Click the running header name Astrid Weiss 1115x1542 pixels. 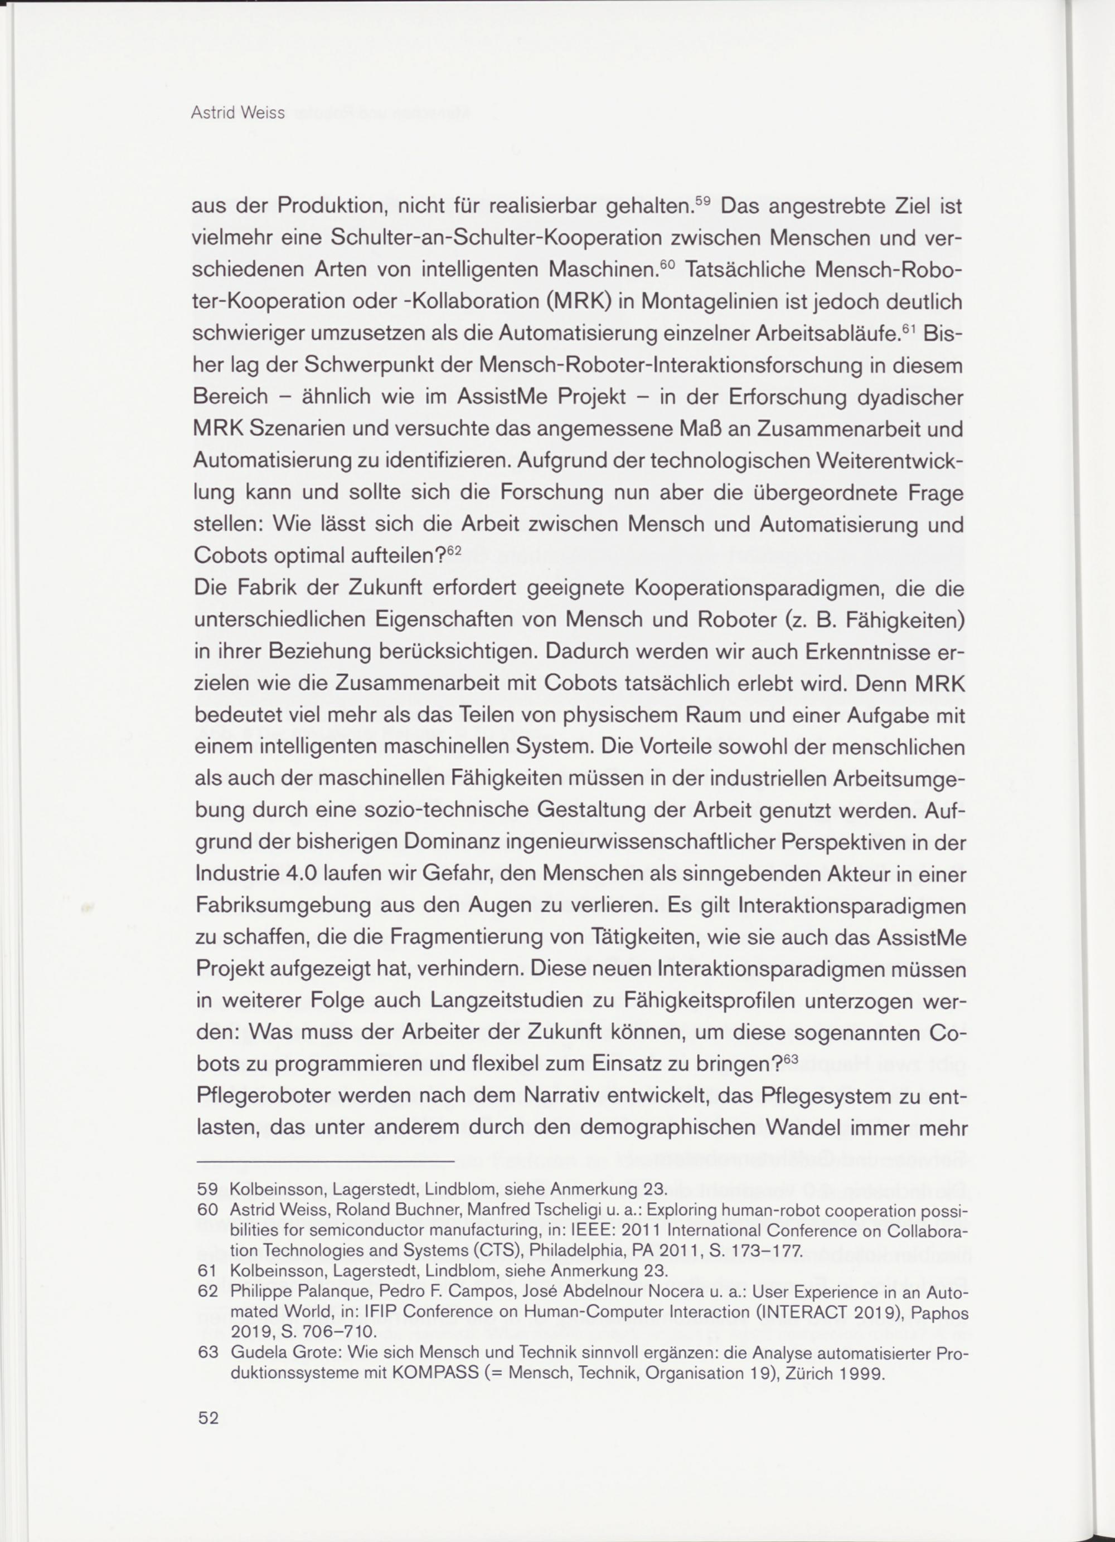tap(237, 113)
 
